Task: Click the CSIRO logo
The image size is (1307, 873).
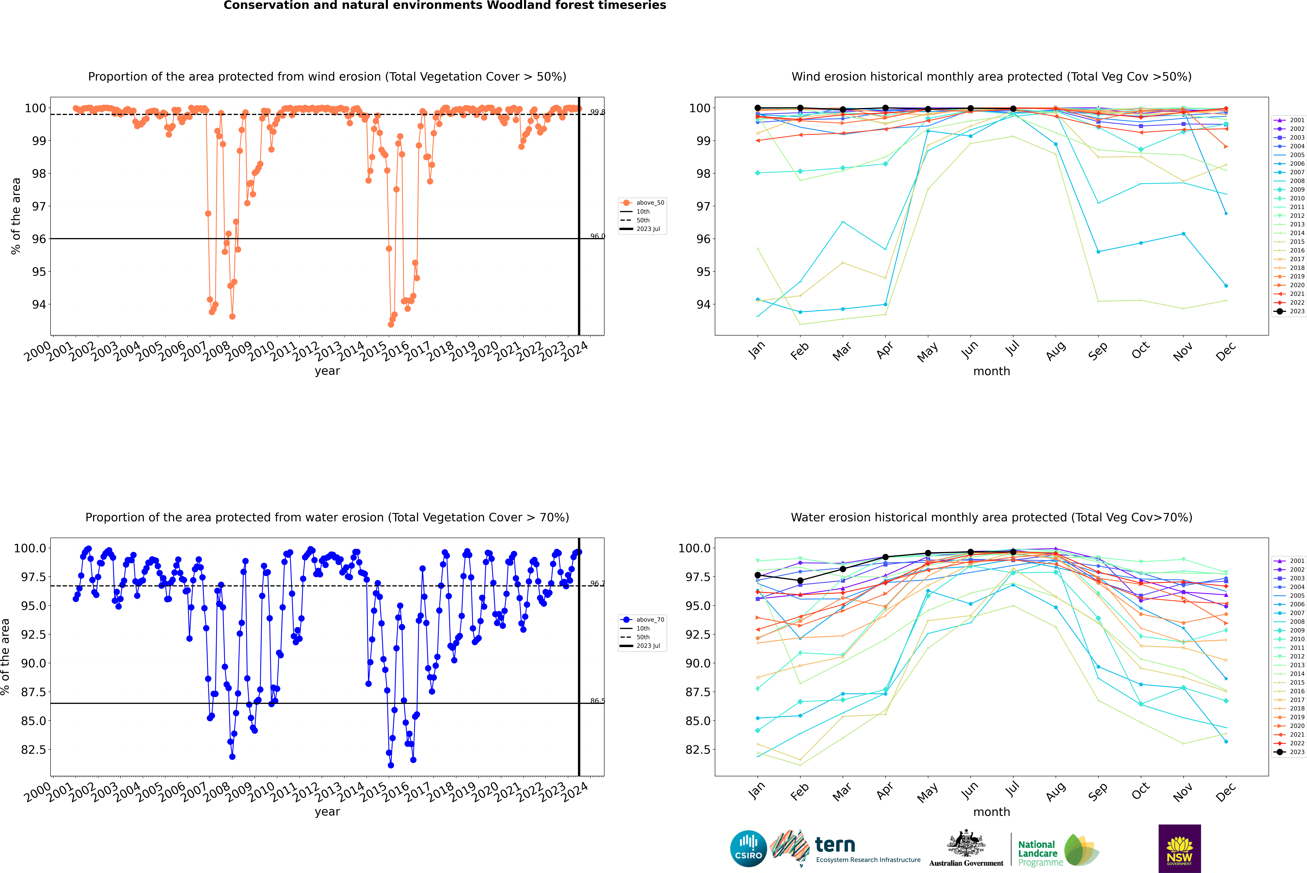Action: coord(748,849)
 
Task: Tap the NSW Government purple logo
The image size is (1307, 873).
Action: coord(1179,849)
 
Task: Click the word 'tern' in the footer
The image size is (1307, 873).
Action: coord(835,845)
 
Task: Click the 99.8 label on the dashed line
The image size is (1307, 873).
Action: coord(597,112)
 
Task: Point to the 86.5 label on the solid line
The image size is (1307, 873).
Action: coord(597,701)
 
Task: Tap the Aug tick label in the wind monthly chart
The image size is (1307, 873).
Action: coord(1056,351)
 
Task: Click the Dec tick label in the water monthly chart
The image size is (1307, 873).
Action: coord(1226,792)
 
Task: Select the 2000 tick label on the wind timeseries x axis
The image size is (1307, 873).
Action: coord(37,352)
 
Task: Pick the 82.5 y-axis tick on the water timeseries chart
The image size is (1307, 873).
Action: coord(33,749)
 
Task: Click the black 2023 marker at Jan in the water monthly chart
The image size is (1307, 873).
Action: coord(758,575)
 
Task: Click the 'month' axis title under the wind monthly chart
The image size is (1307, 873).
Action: coord(991,371)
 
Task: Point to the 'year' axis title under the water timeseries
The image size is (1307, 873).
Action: coord(327,812)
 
